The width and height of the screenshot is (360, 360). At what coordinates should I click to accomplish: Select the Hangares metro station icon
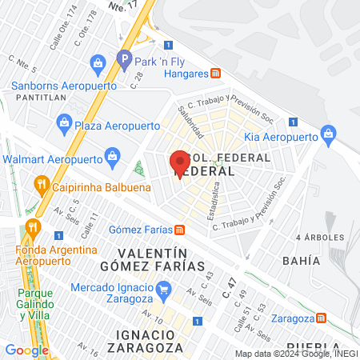click(x=216, y=73)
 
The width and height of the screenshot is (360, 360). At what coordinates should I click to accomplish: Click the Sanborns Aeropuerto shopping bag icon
click(x=98, y=62)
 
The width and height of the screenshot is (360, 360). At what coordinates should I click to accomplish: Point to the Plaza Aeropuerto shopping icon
click(x=64, y=123)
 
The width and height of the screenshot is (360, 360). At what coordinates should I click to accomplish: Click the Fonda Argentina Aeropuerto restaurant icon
click(x=32, y=227)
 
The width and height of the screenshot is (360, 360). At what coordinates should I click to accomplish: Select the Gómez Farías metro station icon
click(x=181, y=230)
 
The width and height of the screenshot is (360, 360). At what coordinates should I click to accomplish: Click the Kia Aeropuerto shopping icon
click(x=327, y=134)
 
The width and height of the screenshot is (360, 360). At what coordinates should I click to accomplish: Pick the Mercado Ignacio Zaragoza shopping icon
click(x=164, y=287)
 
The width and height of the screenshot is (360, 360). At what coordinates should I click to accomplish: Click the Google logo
click(x=26, y=350)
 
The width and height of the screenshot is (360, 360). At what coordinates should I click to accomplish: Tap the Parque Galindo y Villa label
click(x=35, y=299)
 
